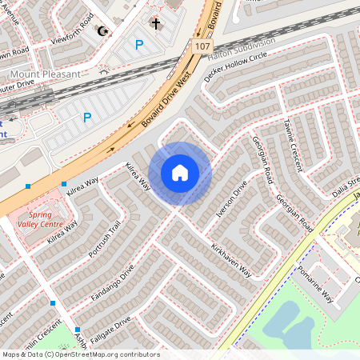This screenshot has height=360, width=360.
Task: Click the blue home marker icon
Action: pos(180,173)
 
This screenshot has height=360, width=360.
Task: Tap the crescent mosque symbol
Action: pos(102,31)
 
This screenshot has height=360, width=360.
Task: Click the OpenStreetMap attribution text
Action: pos(80,354)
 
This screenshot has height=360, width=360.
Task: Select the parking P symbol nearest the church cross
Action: pos(139,46)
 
